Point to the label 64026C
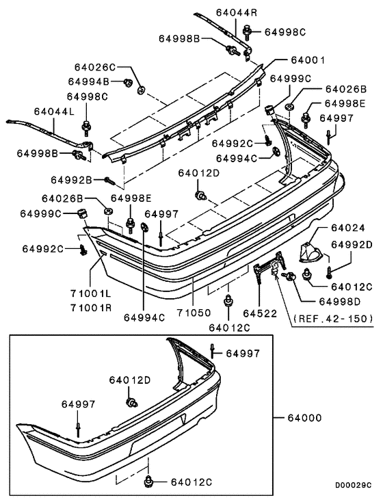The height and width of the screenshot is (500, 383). tap(96, 68)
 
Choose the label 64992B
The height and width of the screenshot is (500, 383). tap(72, 180)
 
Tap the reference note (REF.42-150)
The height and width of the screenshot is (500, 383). tap(332, 318)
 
